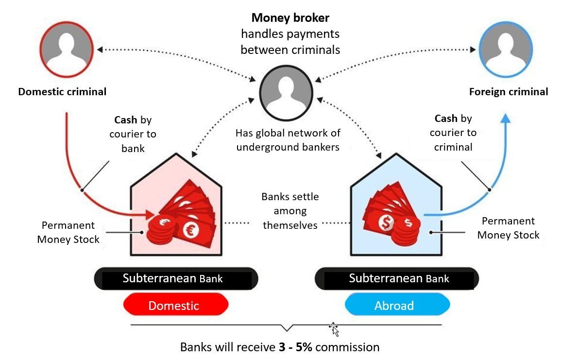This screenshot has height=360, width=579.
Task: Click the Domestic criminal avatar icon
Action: point(67,50)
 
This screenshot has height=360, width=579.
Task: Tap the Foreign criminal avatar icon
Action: point(506,50)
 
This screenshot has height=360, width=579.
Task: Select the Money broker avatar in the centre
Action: point(286,93)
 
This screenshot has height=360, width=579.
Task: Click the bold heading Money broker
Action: point(290,17)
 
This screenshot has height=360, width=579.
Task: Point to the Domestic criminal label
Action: point(62,91)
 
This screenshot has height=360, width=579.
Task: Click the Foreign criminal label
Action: point(509,91)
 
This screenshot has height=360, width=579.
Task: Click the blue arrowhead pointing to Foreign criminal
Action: point(506,118)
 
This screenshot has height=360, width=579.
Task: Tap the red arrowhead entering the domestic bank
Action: point(150,215)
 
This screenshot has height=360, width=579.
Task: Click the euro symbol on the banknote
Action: point(191,230)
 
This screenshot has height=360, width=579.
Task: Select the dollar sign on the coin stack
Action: point(408,223)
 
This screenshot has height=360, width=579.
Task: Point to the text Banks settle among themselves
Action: point(290,211)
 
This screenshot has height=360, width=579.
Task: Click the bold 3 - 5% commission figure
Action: point(295,347)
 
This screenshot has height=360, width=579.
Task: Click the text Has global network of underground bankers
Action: point(288,140)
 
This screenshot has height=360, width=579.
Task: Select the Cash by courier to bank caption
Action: point(133,134)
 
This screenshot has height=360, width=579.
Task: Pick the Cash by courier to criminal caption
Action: point(453,133)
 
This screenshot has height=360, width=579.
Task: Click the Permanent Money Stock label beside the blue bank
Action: point(508,228)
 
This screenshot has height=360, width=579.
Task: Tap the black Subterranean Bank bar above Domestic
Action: point(176,278)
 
